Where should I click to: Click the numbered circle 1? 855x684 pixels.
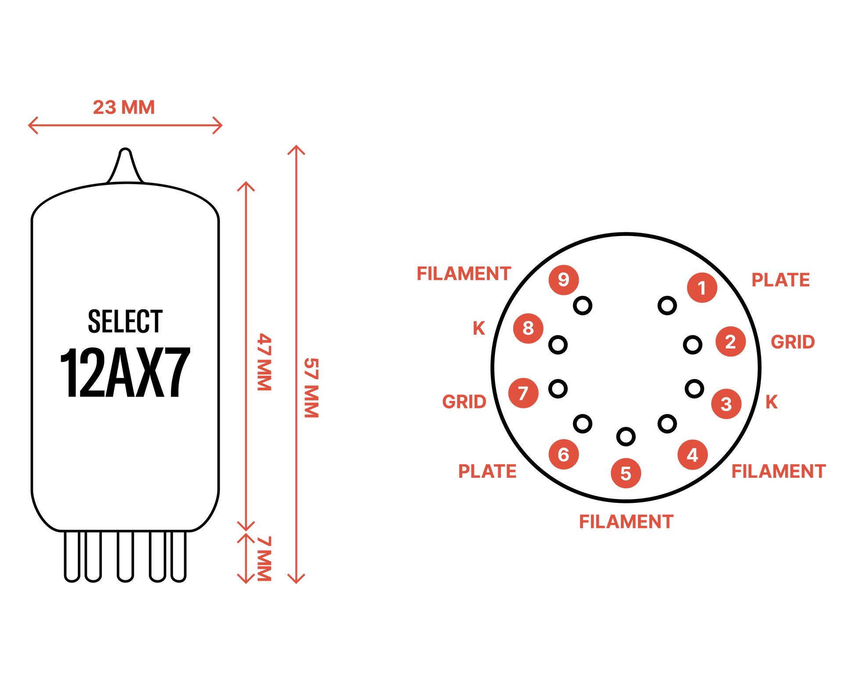tap(702, 287)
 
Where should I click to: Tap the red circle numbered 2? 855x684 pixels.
tap(730, 341)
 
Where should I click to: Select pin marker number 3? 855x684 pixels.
tap(726, 404)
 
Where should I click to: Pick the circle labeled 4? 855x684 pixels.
tap(692, 455)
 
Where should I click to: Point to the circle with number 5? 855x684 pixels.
tap(626, 473)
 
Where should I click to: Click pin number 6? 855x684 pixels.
tap(563, 454)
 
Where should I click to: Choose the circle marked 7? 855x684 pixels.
tap(523, 393)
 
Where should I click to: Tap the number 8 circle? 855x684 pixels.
tap(528, 328)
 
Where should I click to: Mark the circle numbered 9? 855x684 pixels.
tap(563, 280)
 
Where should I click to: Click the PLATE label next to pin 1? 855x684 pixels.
tap(780, 280)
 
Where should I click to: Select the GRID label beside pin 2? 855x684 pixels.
tap(793, 342)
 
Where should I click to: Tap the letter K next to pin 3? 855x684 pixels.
tap(772, 402)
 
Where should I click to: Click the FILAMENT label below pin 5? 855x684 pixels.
tap(626, 522)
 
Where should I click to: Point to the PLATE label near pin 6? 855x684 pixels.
tap(487, 471)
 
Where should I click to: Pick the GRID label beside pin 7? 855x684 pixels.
tap(464, 401)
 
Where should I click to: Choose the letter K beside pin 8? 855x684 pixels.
tap(479, 328)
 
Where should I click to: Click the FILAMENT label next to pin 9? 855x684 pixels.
tap(464, 274)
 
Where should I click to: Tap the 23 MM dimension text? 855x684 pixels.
tap(123, 107)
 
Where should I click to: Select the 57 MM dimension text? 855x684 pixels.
tap(312, 387)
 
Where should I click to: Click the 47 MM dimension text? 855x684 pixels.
tap(264, 361)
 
